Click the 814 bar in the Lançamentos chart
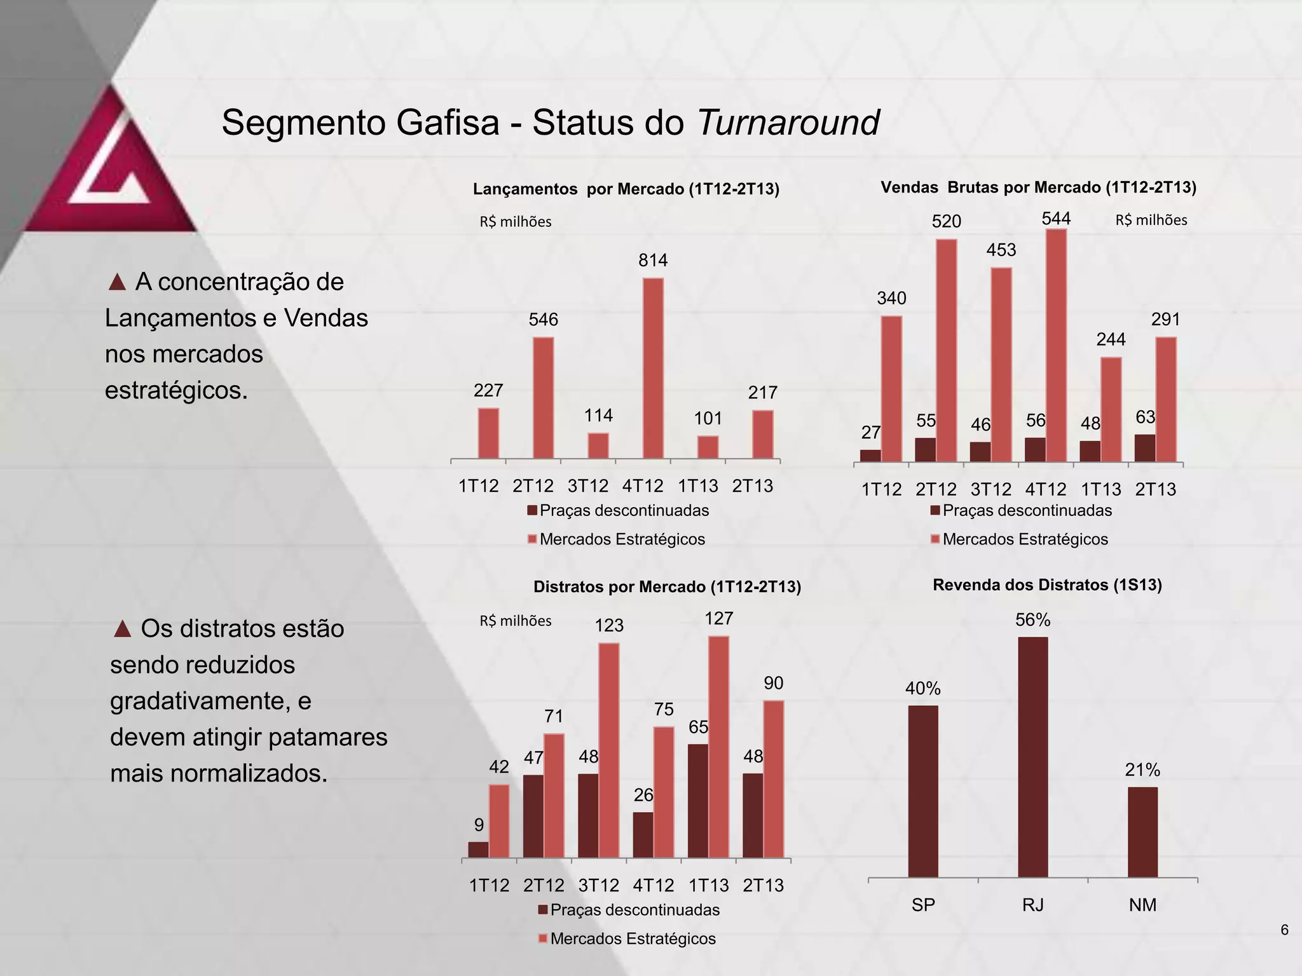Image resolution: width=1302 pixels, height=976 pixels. point(653,369)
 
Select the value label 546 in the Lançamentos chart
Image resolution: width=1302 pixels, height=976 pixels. point(543,320)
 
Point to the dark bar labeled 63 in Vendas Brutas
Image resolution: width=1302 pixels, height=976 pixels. point(1144,448)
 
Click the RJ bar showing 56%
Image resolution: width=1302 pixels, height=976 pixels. point(1032,757)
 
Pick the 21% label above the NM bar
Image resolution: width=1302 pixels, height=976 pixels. point(1142,770)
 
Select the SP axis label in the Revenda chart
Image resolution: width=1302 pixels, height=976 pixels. point(923,905)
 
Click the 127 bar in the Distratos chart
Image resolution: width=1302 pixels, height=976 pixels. point(718,747)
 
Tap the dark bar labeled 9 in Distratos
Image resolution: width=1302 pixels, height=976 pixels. point(478,850)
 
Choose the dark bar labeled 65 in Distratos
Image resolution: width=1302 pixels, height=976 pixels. point(697,801)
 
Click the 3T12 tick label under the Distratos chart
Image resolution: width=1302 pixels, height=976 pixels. point(598,885)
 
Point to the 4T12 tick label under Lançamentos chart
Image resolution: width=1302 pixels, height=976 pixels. point(642,486)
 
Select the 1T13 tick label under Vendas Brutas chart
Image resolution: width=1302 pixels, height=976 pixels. point(1100,489)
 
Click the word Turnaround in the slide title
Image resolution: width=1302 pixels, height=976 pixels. point(788,122)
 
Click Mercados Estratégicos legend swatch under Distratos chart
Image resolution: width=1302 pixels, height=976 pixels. point(542,939)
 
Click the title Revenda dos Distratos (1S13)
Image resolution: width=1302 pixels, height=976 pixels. point(1047,585)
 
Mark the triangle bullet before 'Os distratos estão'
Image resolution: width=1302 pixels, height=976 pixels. point(122,629)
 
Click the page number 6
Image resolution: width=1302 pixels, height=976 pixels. point(1284,930)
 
